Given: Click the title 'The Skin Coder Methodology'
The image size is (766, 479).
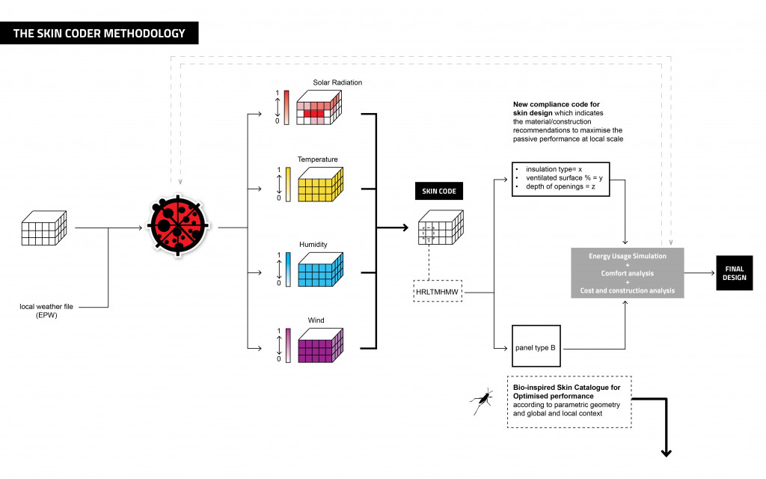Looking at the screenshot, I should pyautogui.click(x=99, y=33).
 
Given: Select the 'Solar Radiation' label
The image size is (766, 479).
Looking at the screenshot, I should pyautogui.click(x=337, y=82).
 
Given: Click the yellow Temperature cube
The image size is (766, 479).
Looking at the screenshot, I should pyautogui.click(x=320, y=186).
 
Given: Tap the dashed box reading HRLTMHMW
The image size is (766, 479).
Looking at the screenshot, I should pyautogui.click(x=438, y=290).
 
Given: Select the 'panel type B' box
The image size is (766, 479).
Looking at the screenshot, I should pyautogui.click(x=536, y=348).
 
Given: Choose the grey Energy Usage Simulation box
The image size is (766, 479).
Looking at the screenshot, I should pyautogui.click(x=627, y=273).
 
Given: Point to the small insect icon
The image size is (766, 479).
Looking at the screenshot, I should pyautogui.click(x=480, y=401).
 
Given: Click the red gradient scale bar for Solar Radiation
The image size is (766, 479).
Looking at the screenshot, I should pyautogui.click(x=286, y=107).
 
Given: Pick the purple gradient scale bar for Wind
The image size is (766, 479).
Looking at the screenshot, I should pyautogui.click(x=286, y=345).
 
